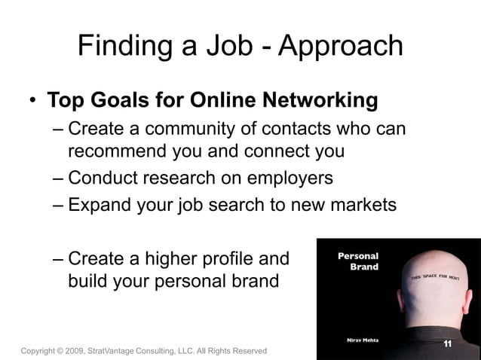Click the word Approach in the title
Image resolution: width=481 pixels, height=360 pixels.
pos(341,47)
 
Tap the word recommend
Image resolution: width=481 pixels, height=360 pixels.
pos(118,151)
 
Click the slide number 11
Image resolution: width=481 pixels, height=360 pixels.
pos(447,344)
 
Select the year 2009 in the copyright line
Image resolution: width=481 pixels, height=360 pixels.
pos(74,351)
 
